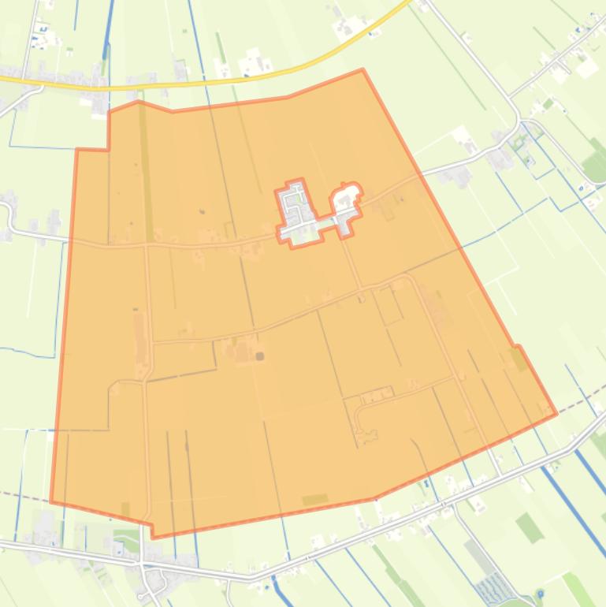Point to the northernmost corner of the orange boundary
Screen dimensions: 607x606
[x=362, y=70]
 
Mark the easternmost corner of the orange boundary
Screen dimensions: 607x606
[x=556, y=412]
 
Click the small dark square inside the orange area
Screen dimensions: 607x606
[x=260, y=356]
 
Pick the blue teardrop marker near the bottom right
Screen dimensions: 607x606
[x=540, y=593]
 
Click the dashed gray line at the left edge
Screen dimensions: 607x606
[x=24, y=497]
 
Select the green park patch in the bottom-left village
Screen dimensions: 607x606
[x=126, y=543]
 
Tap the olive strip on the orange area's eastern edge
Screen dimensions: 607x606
[x=518, y=359]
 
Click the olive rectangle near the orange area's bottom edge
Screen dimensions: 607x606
[x=314, y=500]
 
